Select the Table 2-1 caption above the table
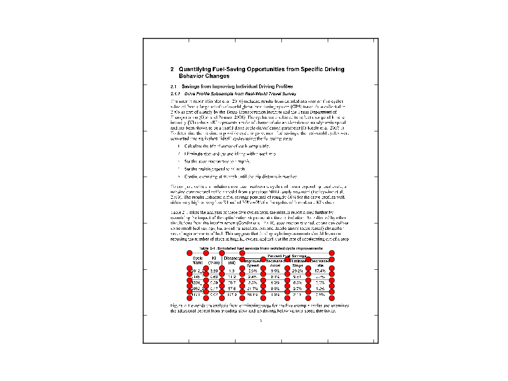[x=253, y=248]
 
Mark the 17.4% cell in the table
[x=320, y=271]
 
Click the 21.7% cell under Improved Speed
[x=251, y=290]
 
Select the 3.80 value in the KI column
[x=214, y=271]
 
